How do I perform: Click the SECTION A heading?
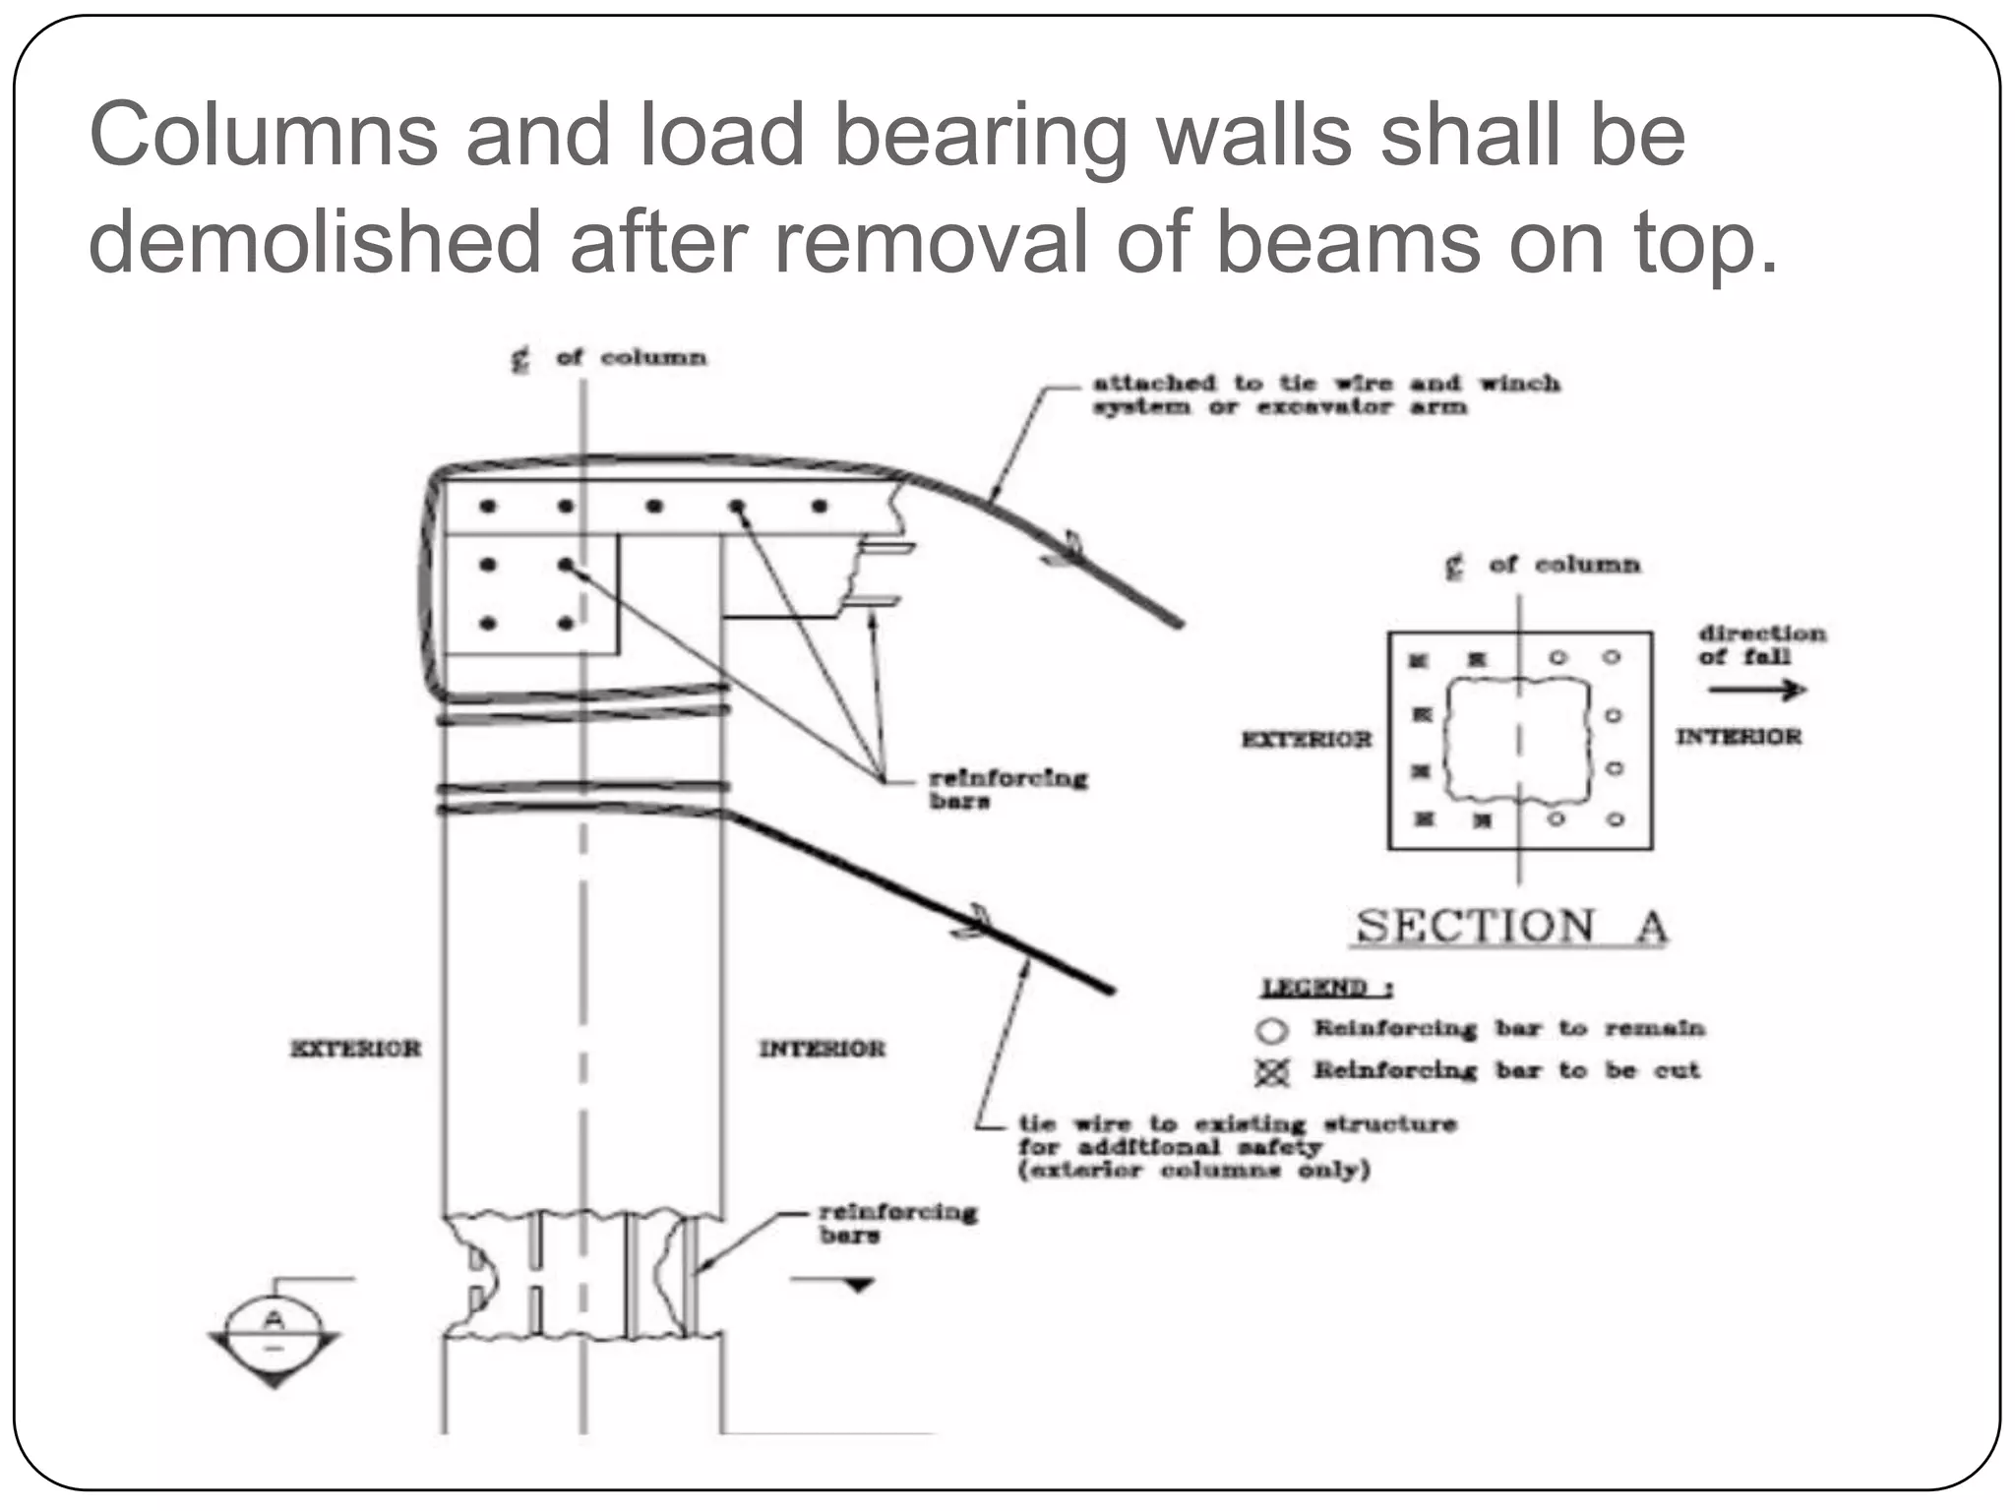pyautogui.click(x=1509, y=927)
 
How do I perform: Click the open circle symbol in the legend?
pyautogui.click(x=1271, y=1030)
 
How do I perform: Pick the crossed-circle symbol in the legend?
pyautogui.click(x=1271, y=1072)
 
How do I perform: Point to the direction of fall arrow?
pyautogui.click(x=1757, y=690)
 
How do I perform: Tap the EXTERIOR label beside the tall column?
pyautogui.click(x=355, y=1049)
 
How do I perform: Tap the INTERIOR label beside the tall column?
pyautogui.click(x=822, y=1049)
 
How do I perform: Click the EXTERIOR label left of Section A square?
pyautogui.click(x=1306, y=739)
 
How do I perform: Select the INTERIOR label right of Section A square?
pyautogui.click(x=1739, y=736)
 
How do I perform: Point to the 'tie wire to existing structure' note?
pyautogui.click(x=1236, y=1146)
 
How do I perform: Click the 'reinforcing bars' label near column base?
pyautogui.click(x=896, y=1223)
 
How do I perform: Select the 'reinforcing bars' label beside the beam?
pyautogui.click(x=1007, y=789)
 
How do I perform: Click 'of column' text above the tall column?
pyautogui.click(x=631, y=357)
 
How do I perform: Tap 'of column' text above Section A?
pyautogui.click(x=1564, y=565)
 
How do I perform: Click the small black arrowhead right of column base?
pyautogui.click(x=858, y=1285)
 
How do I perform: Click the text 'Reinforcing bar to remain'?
pyautogui.click(x=1508, y=1029)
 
